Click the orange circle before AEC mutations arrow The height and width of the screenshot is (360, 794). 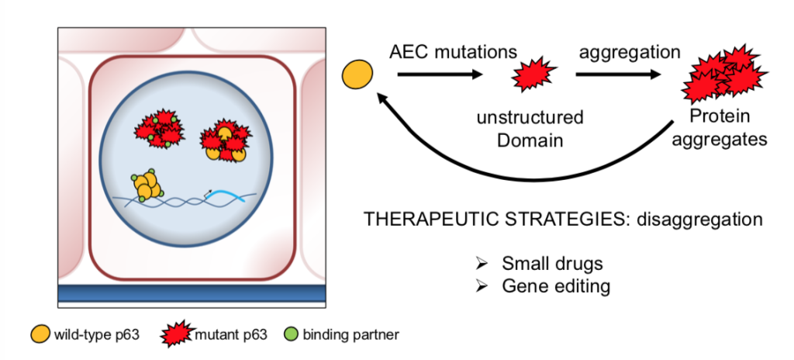[357, 74]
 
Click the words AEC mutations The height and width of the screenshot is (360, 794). [453, 52]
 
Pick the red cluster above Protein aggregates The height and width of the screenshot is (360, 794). [725, 74]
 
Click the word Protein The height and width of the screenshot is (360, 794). [720, 116]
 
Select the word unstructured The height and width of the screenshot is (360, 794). [530, 118]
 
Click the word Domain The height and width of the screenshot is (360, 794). [530, 140]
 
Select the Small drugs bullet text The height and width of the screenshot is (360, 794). [552, 264]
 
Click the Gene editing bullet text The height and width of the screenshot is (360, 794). [556, 286]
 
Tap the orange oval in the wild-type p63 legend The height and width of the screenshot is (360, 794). [41, 334]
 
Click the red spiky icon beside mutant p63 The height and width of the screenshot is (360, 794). [177, 334]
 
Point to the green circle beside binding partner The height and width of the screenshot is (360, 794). [292, 334]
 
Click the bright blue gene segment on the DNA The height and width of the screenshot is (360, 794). [232, 196]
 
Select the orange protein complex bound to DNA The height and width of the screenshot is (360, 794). [147, 185]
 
